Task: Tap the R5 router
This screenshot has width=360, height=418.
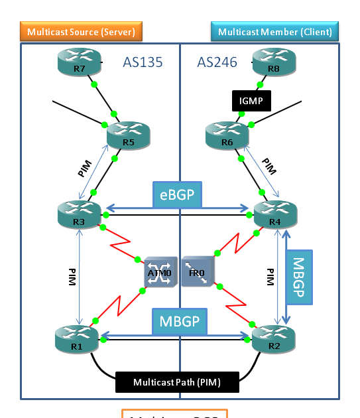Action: (x=129, y=137)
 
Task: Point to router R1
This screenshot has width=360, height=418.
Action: (x=76, y=340)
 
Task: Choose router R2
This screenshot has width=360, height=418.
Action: (x=274, y=340)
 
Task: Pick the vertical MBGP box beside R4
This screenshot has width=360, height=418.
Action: (x=298, y=277)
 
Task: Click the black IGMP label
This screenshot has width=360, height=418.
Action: (x=252, y=100)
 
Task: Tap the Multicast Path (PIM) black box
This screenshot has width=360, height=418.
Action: (x=177, y=382)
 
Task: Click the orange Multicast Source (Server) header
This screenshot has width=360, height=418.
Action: (x=81, y=31)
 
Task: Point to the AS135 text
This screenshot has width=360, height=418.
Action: (x=143, y=62)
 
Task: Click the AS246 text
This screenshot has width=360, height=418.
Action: (x=217, y=62)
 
